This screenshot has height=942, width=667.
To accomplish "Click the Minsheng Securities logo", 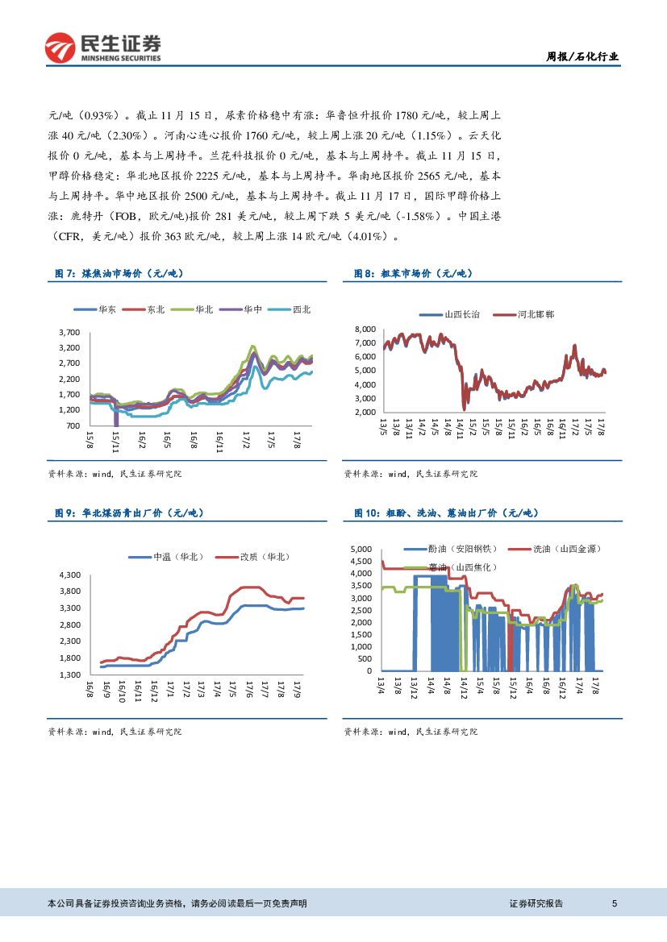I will [x=102, y=47].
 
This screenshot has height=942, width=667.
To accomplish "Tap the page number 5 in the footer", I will [x=615, y=903].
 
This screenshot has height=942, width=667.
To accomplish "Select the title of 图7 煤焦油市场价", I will [x=119, y=274].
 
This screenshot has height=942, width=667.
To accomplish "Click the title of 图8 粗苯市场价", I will [x=413, y=274].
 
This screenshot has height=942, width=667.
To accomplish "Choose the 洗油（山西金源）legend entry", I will [x=567, y=549].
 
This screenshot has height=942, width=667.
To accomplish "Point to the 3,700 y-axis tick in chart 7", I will [x=69, y=332].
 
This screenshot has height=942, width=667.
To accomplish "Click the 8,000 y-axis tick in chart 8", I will [x=365, y=330].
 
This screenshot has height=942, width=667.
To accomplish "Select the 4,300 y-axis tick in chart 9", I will [x=69, y=575].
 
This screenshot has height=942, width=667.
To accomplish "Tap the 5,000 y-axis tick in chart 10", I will [x=361, y=550].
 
